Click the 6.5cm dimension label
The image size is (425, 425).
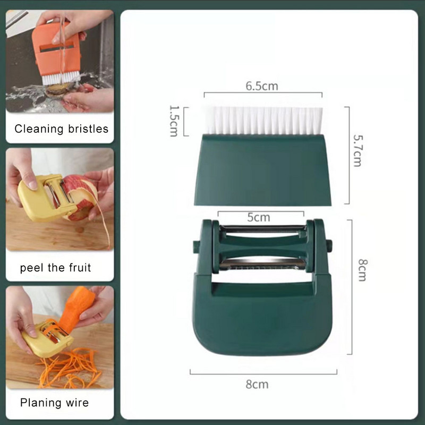pyautogui.click(x=262, y=86)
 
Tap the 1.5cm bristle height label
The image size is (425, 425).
pyautogui.click(x=174, y=121)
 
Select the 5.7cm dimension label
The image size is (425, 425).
pyautogui.click(x=358, y=150)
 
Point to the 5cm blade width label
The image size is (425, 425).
pyautogui.click(x=259, y=217)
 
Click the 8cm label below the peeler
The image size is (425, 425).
pyautogui.click(x=257, y=384)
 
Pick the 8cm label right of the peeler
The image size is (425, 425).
pyautogui.click(x=363, y=270)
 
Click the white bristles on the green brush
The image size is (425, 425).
pyautogui.click(x=263, y=121)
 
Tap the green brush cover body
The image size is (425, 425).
pyautogui.click(x=262, y=169)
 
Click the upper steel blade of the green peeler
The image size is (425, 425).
pyautogui.click(x=262, y=229)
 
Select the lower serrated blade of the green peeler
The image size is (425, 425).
pyautogui.click(x=262, y=264)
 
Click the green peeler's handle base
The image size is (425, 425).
pyautogui.click(x=262, y=318)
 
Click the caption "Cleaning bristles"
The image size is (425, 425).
pyautogui.click(x=61, y=129)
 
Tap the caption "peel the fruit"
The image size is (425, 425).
pyautogui.click(x=55, y=268)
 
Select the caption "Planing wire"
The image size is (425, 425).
pyautogui.click(x=54, y=403)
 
